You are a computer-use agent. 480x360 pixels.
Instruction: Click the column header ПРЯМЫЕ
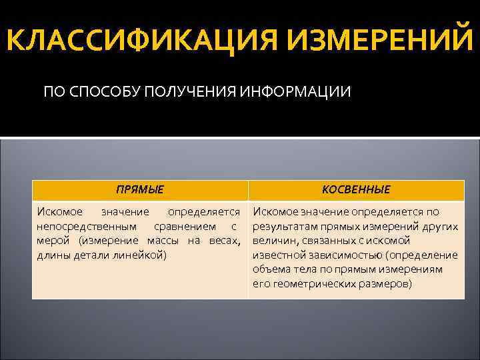[139, 190]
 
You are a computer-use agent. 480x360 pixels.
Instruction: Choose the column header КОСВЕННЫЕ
[356, 190]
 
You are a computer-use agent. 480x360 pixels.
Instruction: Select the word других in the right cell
[439, 226]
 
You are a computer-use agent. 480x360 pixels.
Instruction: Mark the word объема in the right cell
[271, 269]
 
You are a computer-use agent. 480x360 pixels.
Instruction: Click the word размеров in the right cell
[381, 284]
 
